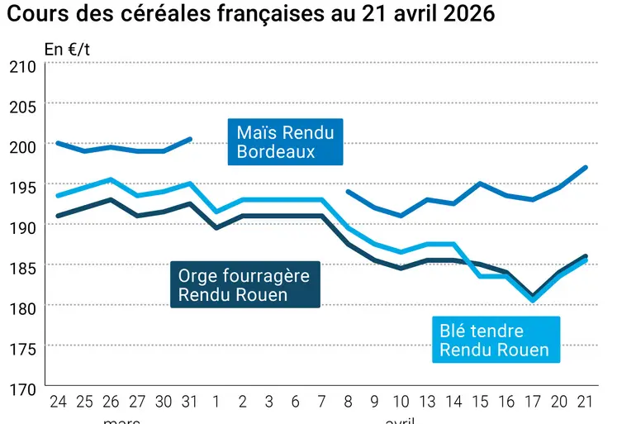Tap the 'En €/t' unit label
pos(68,49)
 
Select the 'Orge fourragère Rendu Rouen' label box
pos(244,285)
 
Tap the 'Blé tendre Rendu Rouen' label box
pos(494,340)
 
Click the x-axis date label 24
pos(57,403)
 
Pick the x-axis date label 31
pos(191,403)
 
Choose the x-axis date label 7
pos(321,403)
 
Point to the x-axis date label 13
pos(427,403)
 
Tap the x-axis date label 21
pos(585,403)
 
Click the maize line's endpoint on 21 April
pos(585,168)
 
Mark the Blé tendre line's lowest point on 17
pos(532,300)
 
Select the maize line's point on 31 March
pos(191,139)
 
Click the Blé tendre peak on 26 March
pos(111,179)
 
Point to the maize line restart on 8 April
pos(348,191)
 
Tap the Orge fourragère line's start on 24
pos(57,216)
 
